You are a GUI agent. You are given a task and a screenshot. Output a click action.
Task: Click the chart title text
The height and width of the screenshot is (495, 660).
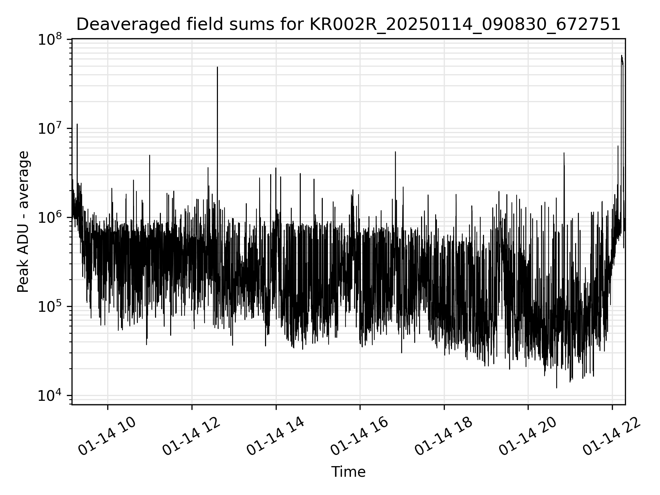pyautogui.click(x=348, y=24)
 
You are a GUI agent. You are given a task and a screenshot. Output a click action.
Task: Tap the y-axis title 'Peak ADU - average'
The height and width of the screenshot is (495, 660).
pyautogui.click(x=23, y=222)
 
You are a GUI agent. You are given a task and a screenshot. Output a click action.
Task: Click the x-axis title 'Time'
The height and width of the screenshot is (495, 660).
pyautogui.click(x=348, y=472)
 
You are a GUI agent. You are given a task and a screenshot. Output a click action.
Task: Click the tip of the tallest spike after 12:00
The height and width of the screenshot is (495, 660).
pyautogui.click(x=217, y=67)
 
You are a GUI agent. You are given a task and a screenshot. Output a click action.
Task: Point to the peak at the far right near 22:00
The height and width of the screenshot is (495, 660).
pyautogui.click(x=621, y=56)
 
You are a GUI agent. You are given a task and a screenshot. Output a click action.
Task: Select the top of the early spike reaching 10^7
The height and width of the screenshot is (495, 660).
pyautogui.click(x=77, y=124)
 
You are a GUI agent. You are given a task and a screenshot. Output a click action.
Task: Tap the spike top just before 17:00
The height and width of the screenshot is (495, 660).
pyautogui.click(x=395, y=152)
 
